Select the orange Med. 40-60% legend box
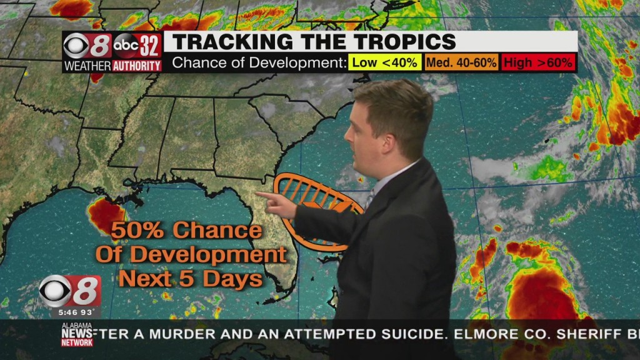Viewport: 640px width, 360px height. point(462,62)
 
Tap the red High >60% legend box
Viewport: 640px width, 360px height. point(538,62)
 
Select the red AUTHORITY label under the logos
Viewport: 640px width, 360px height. point(137,66)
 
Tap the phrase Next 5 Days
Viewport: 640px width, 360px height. point(191,279)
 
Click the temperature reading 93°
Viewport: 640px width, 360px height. point(87,312)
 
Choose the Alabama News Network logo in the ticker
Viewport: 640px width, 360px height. point(77,334)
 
